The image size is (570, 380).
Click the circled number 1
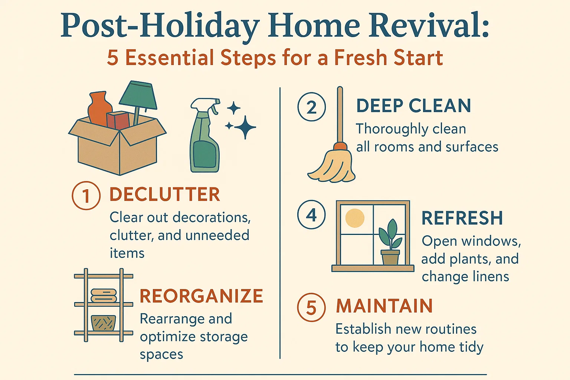[86, 196]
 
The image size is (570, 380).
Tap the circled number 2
[311, 107]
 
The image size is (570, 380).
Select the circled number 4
[311, 215]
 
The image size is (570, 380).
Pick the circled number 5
[311, 308]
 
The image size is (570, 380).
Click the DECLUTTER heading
[164, 194]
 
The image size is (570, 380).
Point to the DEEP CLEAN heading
[413, 106]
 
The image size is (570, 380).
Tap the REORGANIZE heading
[201, 296]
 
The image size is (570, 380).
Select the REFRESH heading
[462, 218]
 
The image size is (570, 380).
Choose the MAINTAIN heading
[384, 306]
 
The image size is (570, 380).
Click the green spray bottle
[204, 141]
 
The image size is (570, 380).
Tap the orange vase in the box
[99, 108]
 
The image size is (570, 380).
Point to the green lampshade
[138, 96]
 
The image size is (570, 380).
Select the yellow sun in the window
[355, 218]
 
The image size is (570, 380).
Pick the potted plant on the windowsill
[390, 243]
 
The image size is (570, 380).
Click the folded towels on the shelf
[104, 296]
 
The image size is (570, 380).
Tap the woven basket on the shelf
[104, 323]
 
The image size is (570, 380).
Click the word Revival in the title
[428, 26]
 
